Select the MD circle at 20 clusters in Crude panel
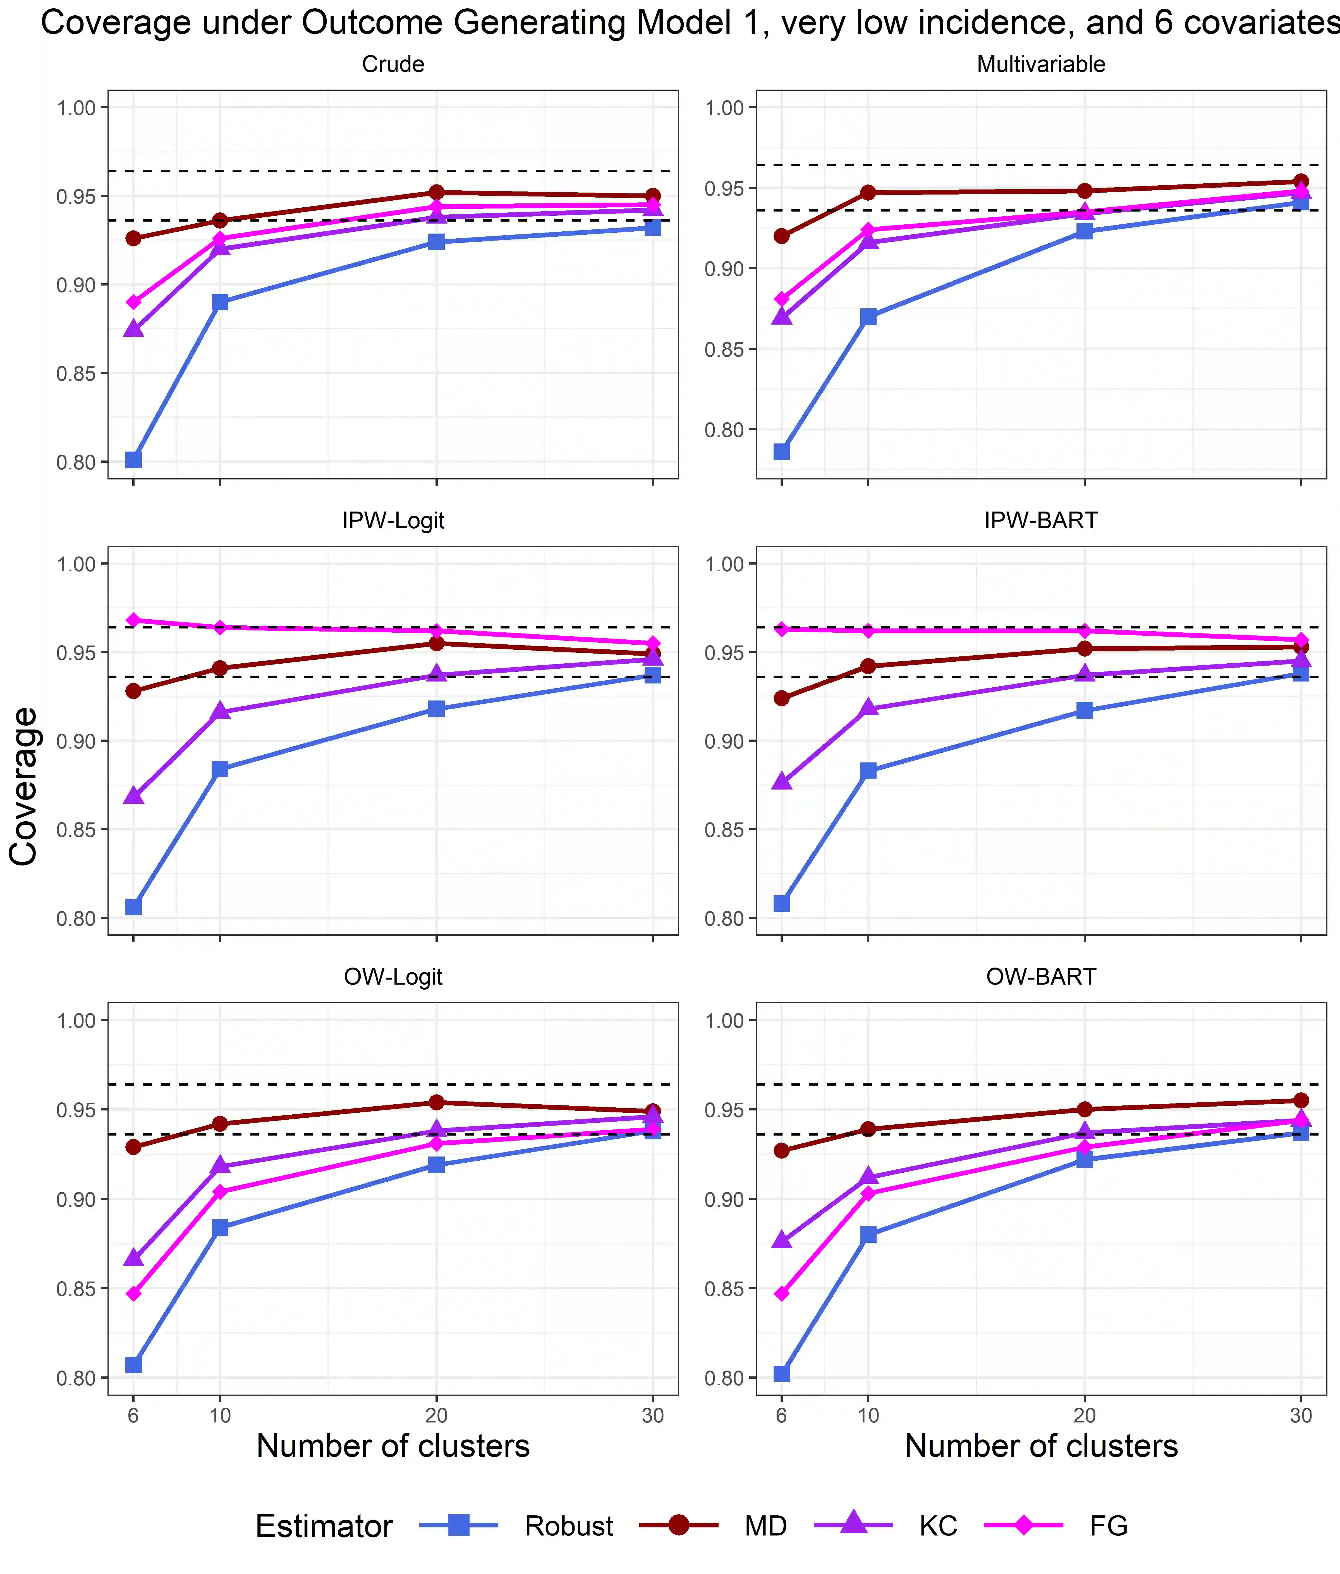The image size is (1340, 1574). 436,192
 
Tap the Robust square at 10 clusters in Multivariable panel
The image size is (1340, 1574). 868,317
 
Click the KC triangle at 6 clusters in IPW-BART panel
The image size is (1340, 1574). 782,781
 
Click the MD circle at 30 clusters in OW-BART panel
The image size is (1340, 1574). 1301,1100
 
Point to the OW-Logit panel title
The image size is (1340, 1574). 393,976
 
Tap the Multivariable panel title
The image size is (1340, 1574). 1041,64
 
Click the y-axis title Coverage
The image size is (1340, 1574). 24,786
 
